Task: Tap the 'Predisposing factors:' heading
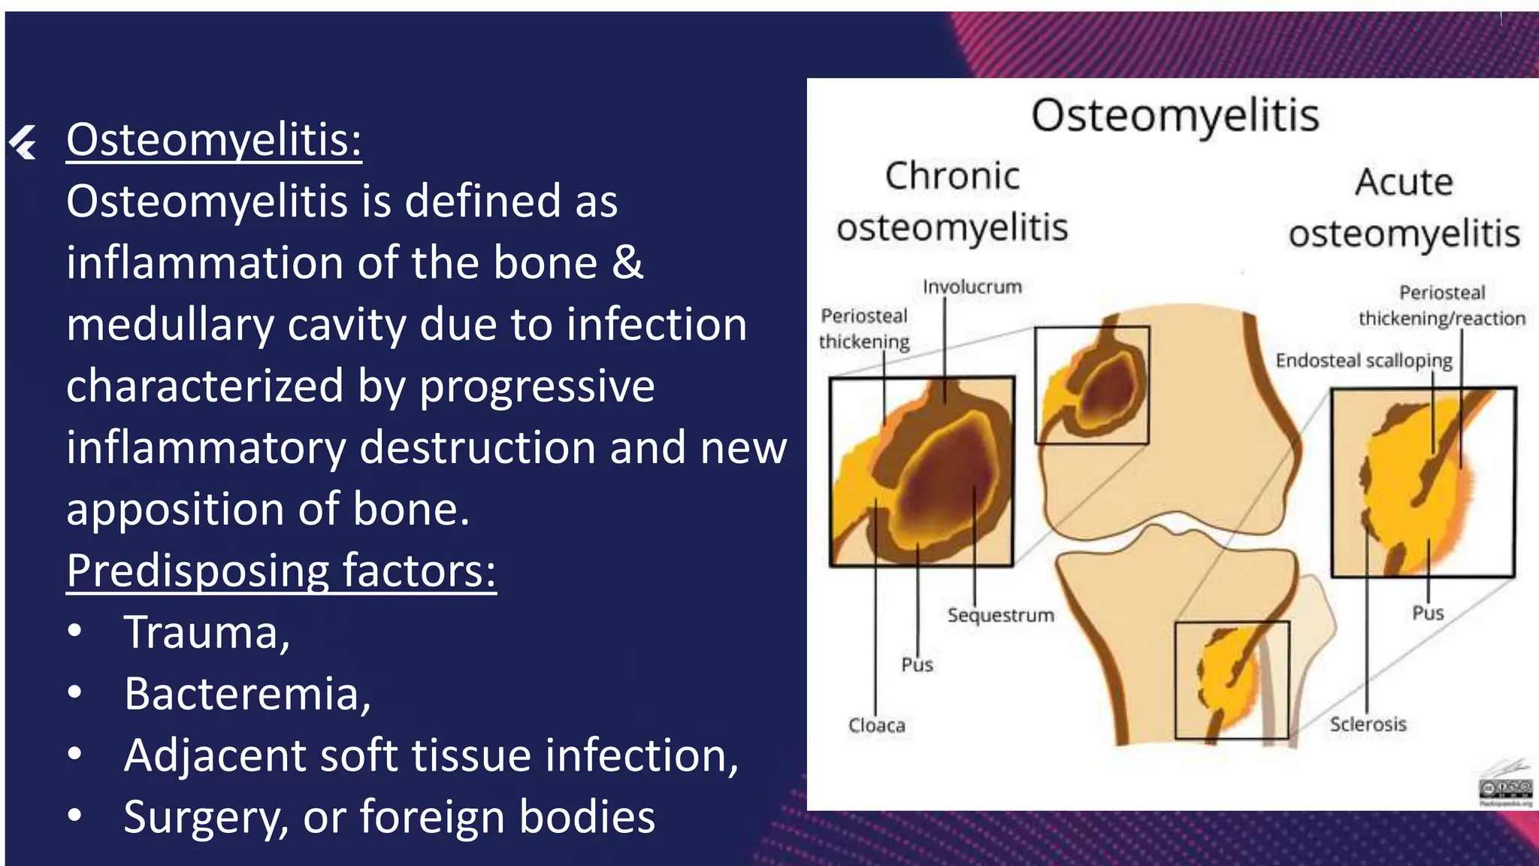pos(281,571)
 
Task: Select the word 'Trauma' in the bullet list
pos(201,632)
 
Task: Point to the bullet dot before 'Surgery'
pos(74,816)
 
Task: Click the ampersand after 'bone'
pos(627,263)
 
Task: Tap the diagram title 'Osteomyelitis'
pos(1175,117)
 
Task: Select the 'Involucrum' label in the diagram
pos(972,287)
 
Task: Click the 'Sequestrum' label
pos(1000,616)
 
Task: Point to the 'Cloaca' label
pos(876,725)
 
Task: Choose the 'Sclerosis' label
pos(1368,725)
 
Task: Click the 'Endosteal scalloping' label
pos(1364,361)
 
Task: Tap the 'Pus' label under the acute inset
pos(1428,613)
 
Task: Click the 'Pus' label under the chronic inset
pos(917,665)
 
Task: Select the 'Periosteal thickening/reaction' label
pos(1442,306)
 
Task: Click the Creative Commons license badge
pos(1505,789)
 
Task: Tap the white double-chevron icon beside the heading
pos(23,142)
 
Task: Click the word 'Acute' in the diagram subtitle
pos(1404,183)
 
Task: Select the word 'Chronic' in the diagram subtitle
pos(952,177)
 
